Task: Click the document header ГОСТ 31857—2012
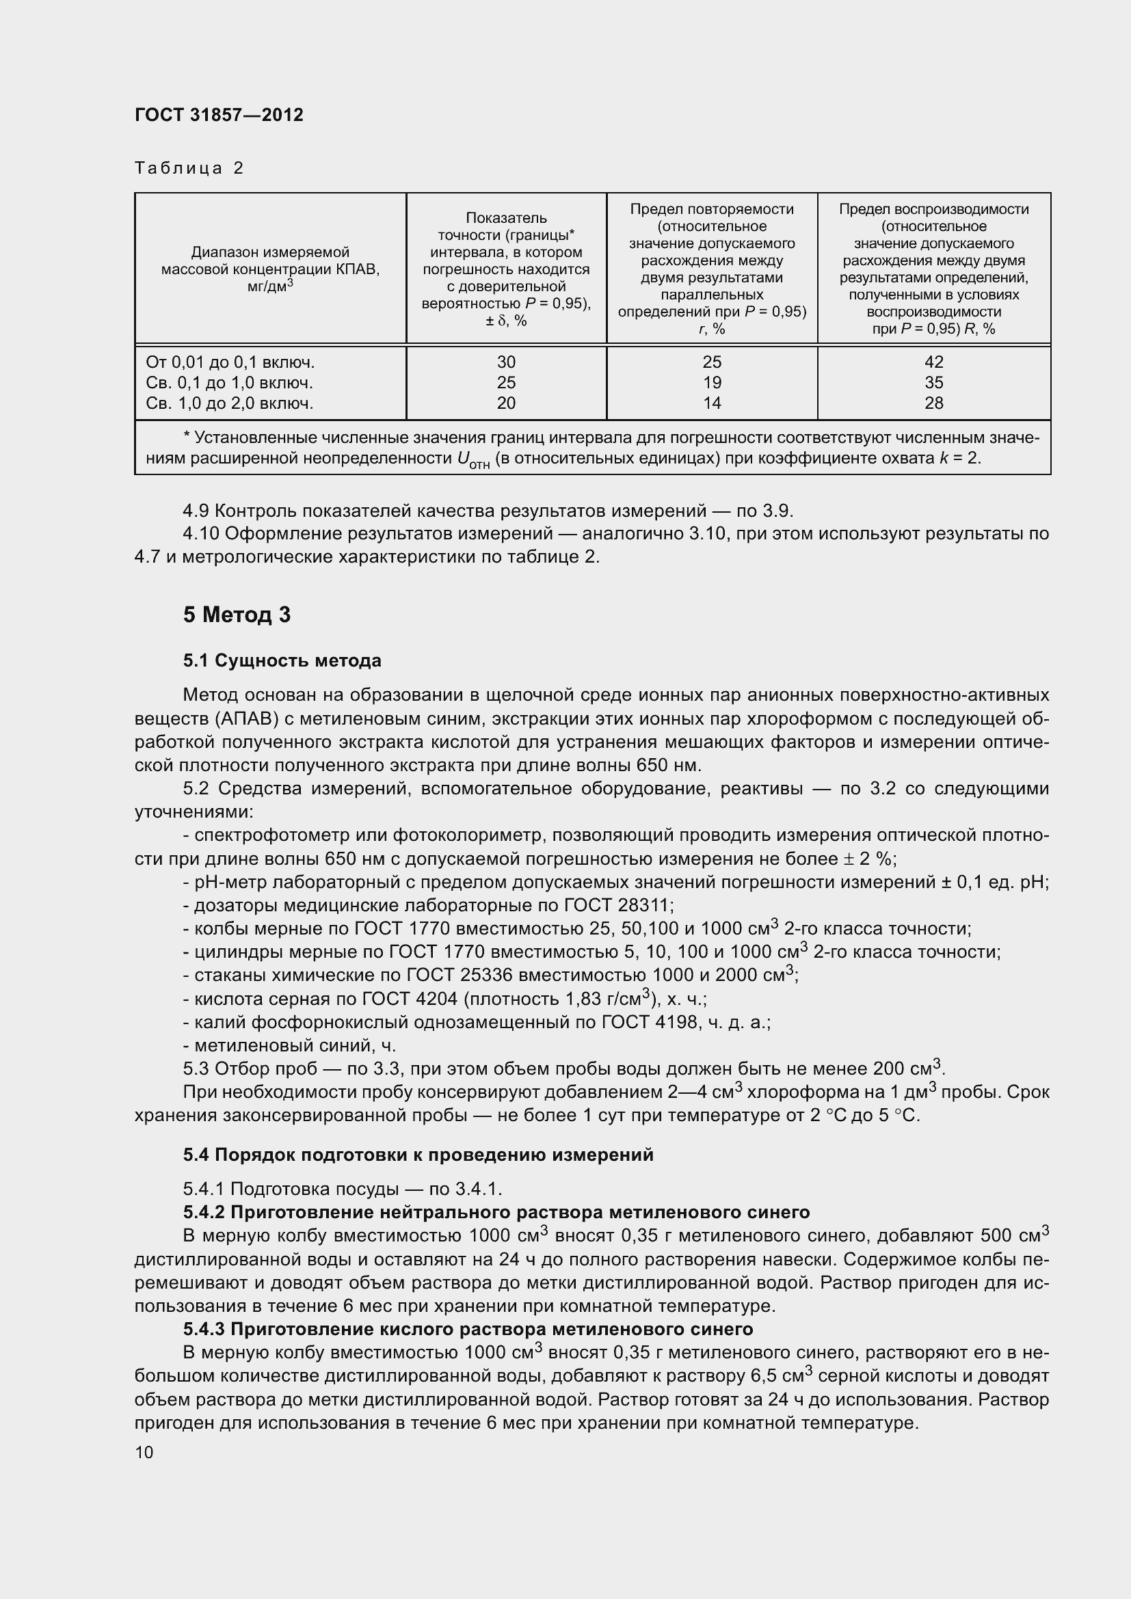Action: (219, 115)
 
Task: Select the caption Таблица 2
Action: (189, 168)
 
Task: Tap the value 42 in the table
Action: (933, 362)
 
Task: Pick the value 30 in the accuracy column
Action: (506, 362)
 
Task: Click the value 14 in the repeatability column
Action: (712, 403)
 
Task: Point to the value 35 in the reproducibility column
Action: (933, 382)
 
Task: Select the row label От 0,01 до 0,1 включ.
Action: (230, 362)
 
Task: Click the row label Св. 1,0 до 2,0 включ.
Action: (229, 403)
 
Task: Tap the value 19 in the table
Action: (712, 382)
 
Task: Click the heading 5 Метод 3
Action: (237, 615)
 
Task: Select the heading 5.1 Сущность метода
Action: (282, 660)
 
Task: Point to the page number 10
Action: (144, 1452)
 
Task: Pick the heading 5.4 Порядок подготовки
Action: (418, 1155)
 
